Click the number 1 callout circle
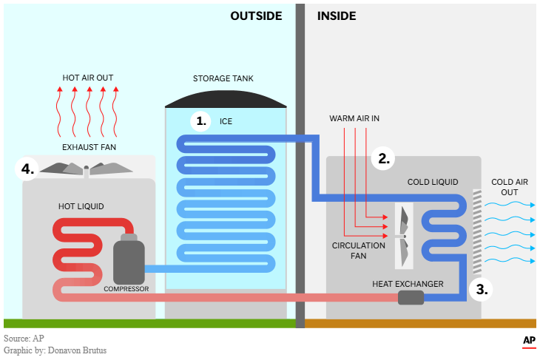(x=200, y=121)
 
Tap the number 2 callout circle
(x=383, y=158)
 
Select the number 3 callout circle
(x=482, y=289)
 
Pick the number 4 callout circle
(x=27, y=169)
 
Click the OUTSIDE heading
(x=256, y=16)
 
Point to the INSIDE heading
(x=337, y=16)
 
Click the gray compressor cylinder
(x=129, y=259)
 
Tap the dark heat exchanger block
(x=411, y=297)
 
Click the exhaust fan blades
(x=87, y=169)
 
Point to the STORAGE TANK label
(x=223, y=78)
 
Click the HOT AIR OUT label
(x=88, y=77)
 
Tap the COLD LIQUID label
(x=433, y=182)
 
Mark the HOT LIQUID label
(x=81, y=206)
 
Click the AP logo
(x=528, y=340)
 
